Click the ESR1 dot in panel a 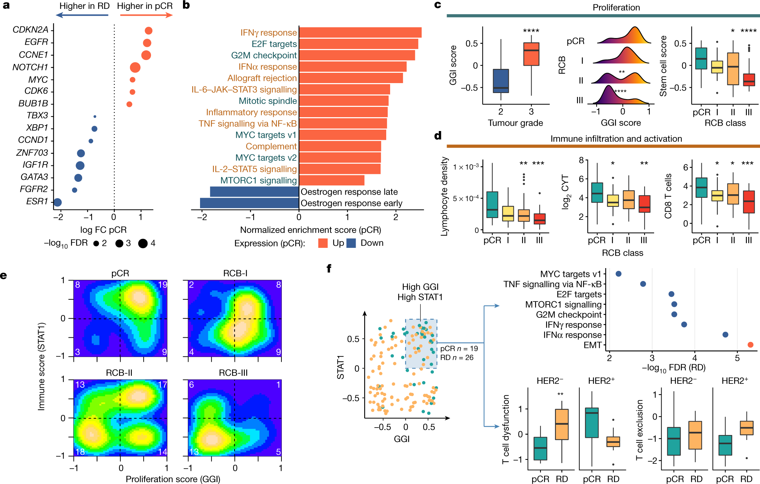coord(58,202)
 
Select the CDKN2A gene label coord(30,30)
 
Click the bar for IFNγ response coord(360,32)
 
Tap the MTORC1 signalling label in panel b coord(258,180)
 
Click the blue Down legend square coord(351,243)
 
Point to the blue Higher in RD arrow coord(82,15)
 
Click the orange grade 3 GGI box coord(531,54)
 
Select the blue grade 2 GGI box coord(501,81)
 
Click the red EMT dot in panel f coord(750,345)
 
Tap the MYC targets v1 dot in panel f coord(618,274)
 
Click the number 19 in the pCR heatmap coord(162,285)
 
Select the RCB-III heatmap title coord(233,373)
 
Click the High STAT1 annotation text coord(420,297)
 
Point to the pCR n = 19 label coord(459,349)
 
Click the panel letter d coord(438,136)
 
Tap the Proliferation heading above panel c coord(616,7)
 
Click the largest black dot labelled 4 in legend coord(143,244)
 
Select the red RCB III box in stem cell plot coord(749,80)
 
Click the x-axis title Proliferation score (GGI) coord(173,479)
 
